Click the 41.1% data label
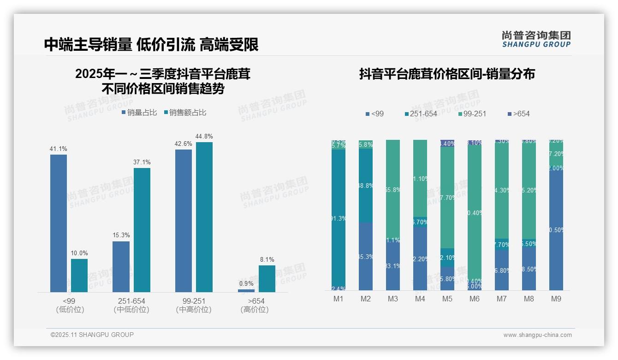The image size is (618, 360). [x=59, y=149]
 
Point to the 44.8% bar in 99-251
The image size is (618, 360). [x=204, y=217]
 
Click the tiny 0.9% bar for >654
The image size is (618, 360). [x=246, y=291]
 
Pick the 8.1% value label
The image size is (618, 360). [x=267, y=259]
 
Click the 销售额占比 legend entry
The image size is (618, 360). [x=185, y=113]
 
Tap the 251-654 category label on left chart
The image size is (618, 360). [x=131, y=301]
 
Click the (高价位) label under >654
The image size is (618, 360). [x=255, y=310]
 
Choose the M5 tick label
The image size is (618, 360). [x=447, y=299]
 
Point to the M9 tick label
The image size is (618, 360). [x=556, y=299]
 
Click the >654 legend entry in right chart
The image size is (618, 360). [x=518, y=114]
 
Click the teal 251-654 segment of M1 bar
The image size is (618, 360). [x=339, y=217]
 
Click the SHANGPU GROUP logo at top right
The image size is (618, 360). [x=536, y=39]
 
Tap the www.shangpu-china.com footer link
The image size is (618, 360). [x=537, y=335]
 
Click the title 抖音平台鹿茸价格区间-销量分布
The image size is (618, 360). [x=447, y=74]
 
